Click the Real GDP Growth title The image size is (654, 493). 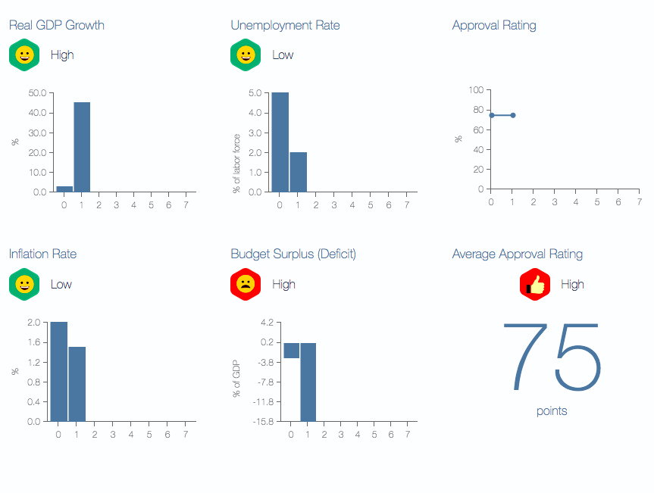click(56, 25)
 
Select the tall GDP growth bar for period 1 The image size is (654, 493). click(82, 147)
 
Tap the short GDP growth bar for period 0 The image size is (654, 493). click(64, 189)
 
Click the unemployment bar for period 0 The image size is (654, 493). click(280, 142)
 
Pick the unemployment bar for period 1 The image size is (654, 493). click(298, 172)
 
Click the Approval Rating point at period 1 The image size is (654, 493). click(513, 115)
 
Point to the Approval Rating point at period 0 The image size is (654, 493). click(492, 115)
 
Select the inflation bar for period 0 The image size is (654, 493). click(58, 371)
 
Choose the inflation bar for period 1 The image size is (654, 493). click(77, 384)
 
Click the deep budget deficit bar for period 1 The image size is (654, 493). click(308, 382)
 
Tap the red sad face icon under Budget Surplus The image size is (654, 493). click(246, 284)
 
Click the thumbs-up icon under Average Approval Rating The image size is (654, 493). click(534, 285)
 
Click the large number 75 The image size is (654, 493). click(552, 357)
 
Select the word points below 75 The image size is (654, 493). click(552, 411)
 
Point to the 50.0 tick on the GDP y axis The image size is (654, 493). click(37, 93)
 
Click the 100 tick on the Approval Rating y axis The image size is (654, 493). click(475, 90)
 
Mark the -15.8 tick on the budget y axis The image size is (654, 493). click(263, 421)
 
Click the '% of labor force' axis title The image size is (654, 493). click(237, 163)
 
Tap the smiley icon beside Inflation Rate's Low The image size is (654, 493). click(24, 285)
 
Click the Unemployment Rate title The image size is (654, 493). click(285, 25)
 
